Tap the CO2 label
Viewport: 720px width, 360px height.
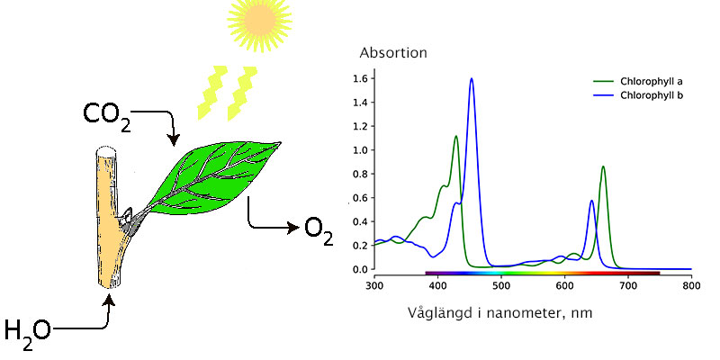(106, 116)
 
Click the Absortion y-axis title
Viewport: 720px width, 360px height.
(393, 53)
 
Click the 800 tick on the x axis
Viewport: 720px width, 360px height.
(691, 285)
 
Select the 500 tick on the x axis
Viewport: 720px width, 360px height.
(501, 285)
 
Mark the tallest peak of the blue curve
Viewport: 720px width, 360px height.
(471, 79)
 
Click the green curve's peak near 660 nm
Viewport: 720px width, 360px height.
(603, 166)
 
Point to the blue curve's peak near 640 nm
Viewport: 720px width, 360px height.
(591, 201)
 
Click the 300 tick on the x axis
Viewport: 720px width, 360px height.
(374, 285)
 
